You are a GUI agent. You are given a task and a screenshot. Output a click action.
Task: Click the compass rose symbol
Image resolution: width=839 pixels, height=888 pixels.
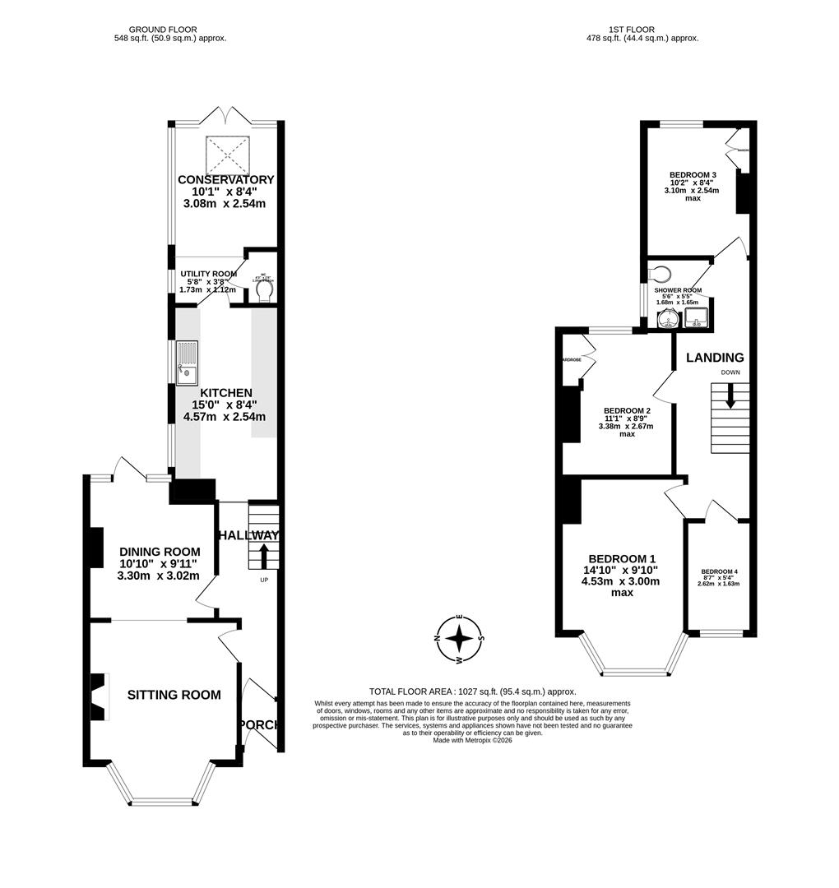(x=461, y=638)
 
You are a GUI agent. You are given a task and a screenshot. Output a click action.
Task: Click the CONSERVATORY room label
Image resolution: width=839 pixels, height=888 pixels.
(x=226, y=180)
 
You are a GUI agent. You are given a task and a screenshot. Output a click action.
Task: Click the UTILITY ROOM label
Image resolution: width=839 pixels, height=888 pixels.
(x=208, y=274)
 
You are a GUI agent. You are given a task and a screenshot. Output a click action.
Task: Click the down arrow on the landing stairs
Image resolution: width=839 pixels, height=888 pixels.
(x=729, y=399)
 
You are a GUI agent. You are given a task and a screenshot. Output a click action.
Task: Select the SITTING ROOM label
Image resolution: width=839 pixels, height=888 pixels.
(x=174, y=695)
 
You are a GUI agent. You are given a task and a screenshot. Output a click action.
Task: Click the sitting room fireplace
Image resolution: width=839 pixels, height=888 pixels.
(x=100, y=696)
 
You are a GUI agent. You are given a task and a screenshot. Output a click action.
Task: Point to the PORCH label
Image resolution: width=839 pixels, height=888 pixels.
(x=259, y=724)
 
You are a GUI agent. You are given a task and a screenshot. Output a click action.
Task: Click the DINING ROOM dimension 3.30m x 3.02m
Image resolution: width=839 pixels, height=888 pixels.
(x=159, y=576)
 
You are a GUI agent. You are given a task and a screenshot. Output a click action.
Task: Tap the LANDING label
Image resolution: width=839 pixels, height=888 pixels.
(x=715, y=358)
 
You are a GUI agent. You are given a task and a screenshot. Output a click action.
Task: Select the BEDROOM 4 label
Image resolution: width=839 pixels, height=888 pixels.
(x=720, y=571)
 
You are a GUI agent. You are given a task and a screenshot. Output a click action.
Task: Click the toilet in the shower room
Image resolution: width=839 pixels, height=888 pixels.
(x=661, y=275)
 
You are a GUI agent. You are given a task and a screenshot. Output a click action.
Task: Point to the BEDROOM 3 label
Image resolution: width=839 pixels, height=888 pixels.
(x=692, y=175)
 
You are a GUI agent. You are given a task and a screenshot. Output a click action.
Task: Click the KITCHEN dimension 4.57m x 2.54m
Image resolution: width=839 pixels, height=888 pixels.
(x=222, y=417)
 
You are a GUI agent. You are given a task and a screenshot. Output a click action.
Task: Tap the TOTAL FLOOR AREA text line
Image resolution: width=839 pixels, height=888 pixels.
(x=472, y=691)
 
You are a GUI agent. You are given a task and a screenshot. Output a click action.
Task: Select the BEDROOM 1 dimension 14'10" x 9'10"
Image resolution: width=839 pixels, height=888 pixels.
(x=621, y=570)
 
